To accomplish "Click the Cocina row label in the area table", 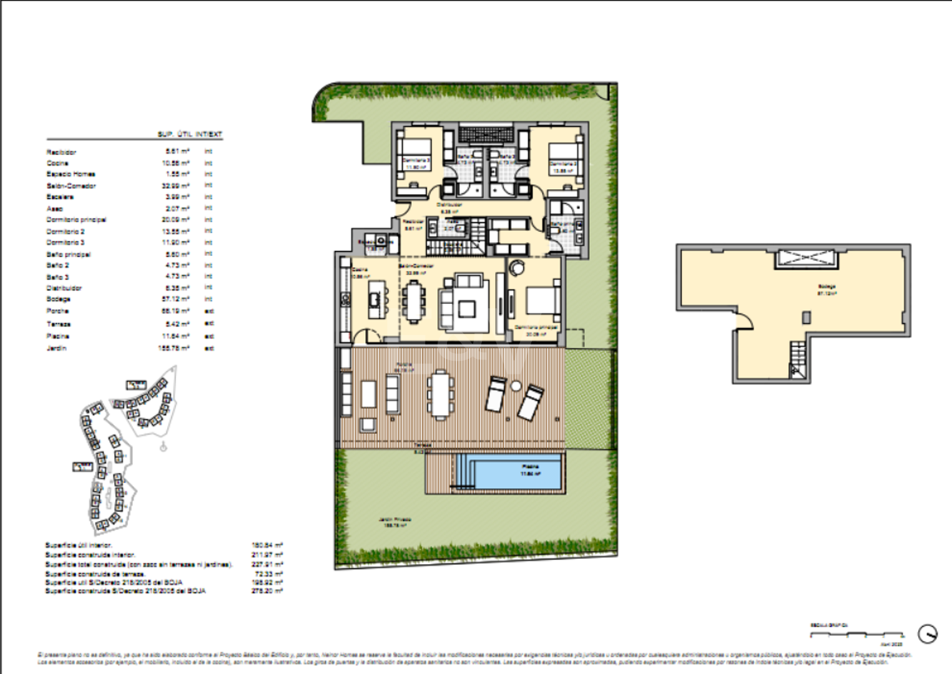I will (57, 164).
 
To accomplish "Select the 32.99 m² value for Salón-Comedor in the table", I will (175, 186).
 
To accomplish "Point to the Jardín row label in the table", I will (56, 348).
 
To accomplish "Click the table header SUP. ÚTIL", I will (175, 134).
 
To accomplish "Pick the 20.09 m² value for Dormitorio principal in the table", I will (175, 220).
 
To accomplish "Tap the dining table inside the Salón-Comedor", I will (413, 301).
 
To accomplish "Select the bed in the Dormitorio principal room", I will (542, 300).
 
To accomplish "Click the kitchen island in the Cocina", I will (375, 300).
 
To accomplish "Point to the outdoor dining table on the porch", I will (441, 394).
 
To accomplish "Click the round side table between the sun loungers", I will (516, 386).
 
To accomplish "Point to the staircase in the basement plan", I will (798, 359).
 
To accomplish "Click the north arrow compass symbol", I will (927, 634).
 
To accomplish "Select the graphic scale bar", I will (856, 634).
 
